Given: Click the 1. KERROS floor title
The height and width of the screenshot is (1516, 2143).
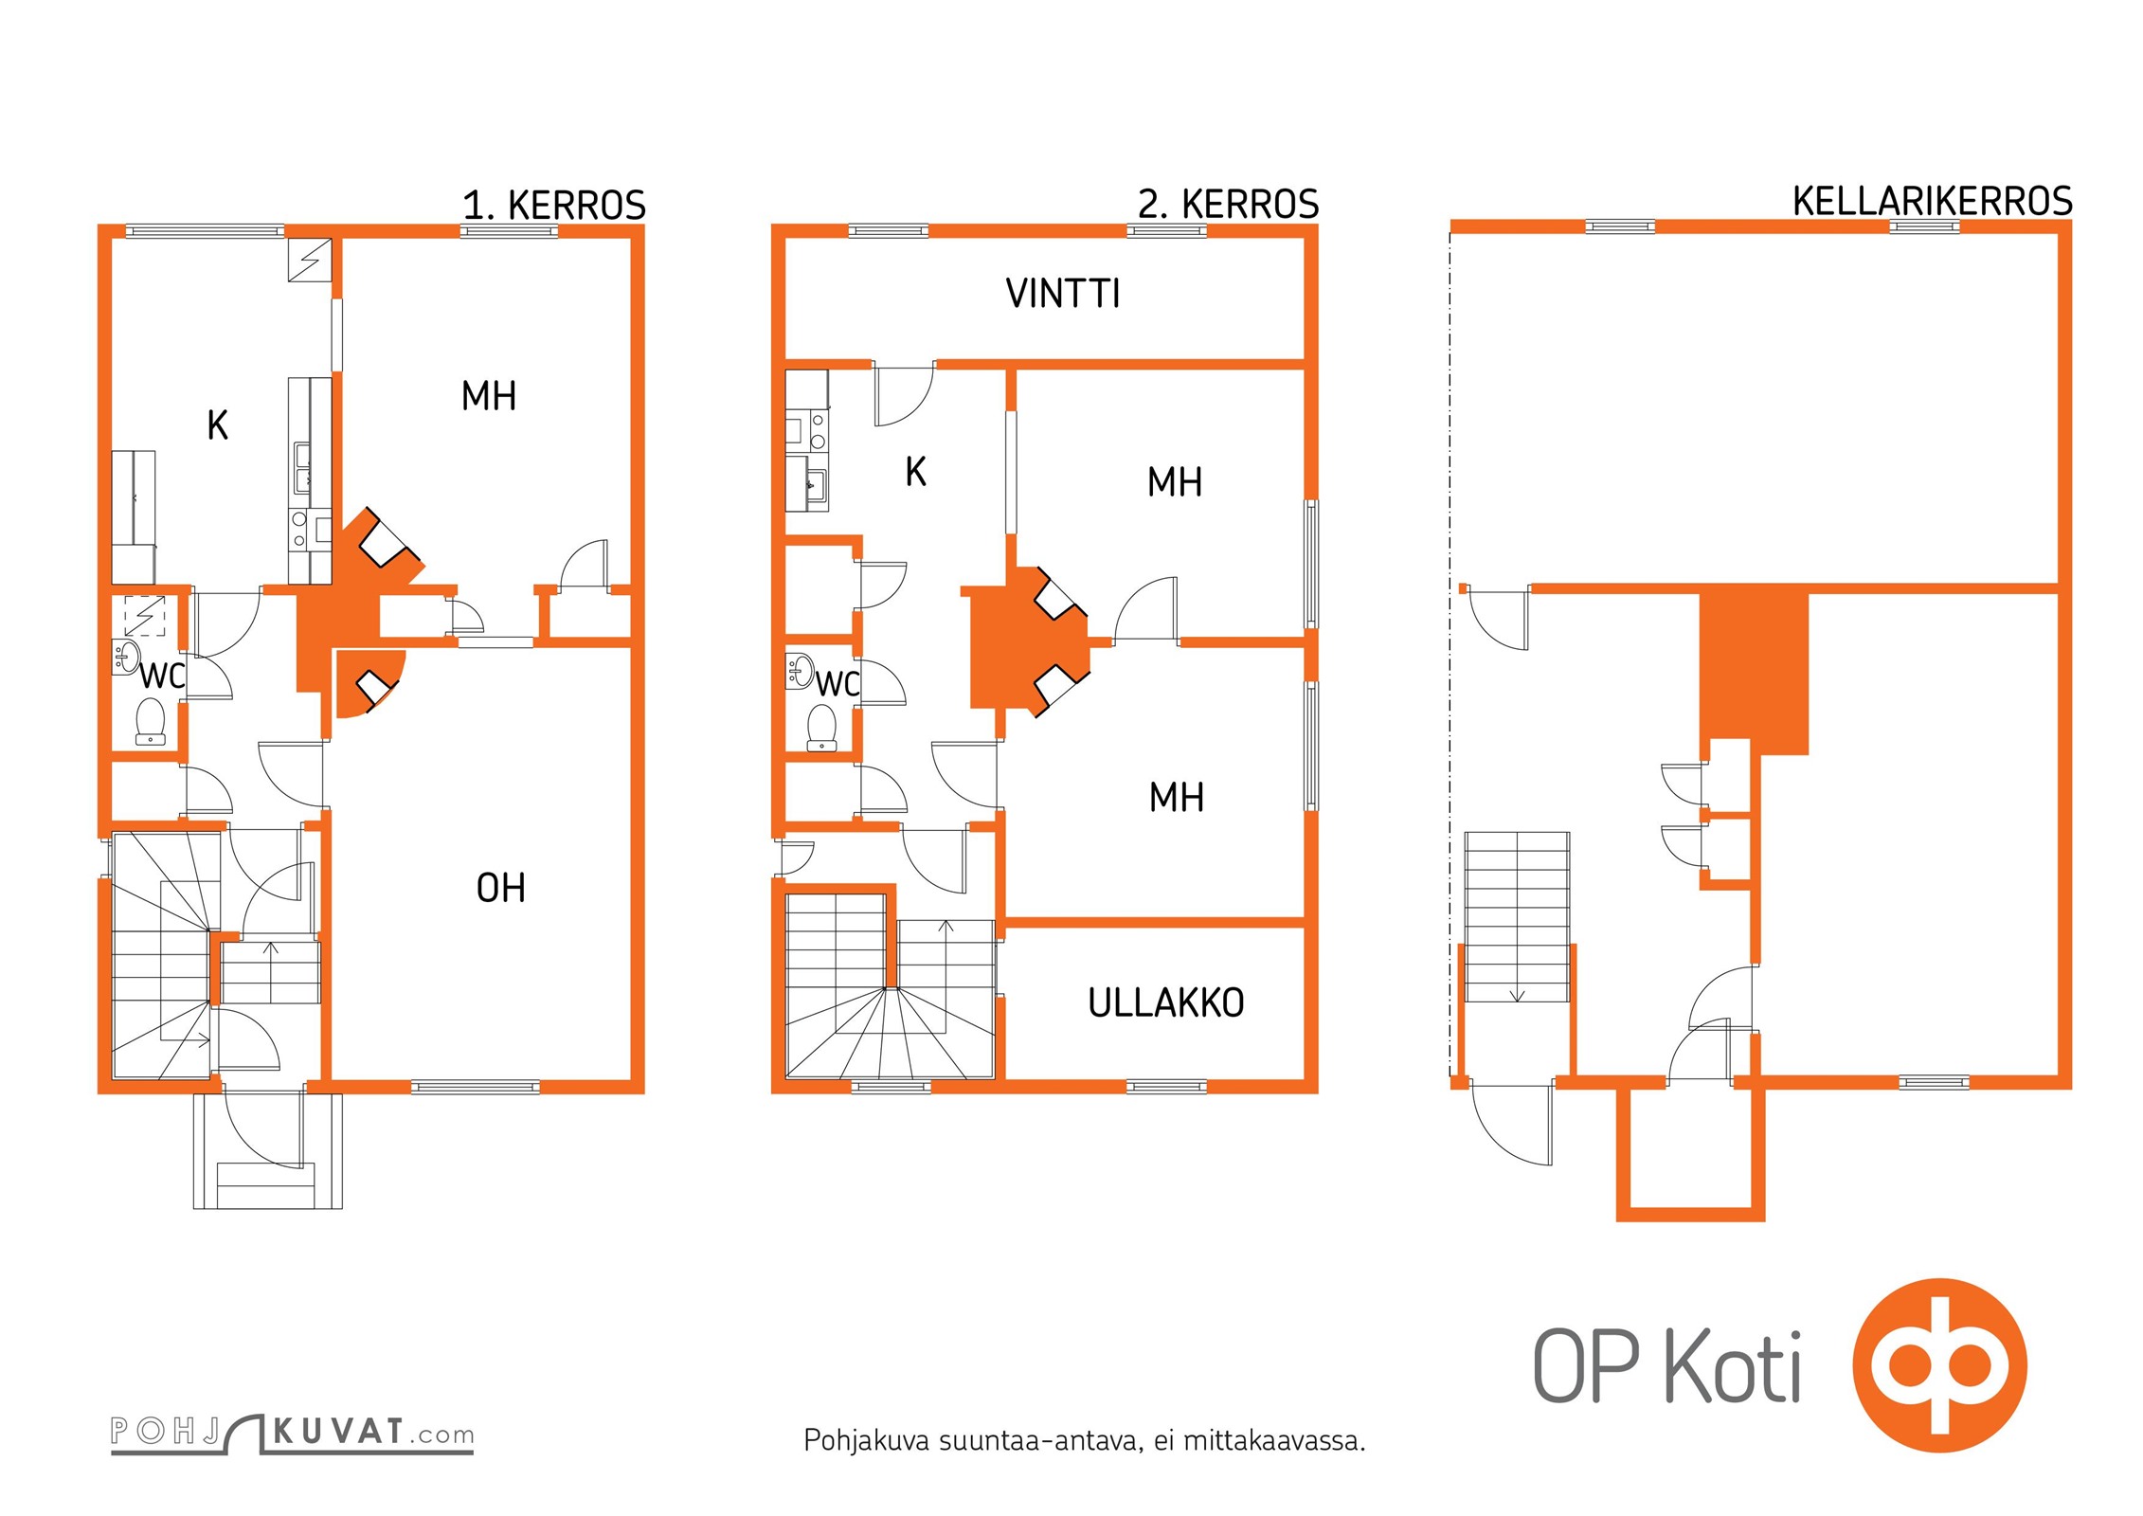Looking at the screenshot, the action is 554,206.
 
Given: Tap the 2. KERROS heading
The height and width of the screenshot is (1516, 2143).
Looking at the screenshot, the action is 1229,205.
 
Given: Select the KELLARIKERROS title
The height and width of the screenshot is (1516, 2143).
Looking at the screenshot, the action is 1933,202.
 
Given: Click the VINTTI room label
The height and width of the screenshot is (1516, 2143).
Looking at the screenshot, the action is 1063,294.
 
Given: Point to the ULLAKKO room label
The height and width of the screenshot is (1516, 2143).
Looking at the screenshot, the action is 1166,1002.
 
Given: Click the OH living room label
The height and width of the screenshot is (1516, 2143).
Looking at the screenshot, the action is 500,888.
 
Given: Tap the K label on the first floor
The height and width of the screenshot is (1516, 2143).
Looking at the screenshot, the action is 218,425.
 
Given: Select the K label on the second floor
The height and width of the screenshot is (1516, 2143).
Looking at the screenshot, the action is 915,472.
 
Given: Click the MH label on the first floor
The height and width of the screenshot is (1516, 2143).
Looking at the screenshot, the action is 489,396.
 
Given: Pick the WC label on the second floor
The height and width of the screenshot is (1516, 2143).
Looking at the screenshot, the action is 837,684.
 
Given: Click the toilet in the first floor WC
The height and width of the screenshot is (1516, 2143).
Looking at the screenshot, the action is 151,721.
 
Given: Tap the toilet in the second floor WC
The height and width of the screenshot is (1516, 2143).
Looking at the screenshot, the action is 821,728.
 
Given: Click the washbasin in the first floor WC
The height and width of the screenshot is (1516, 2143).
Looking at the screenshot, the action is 126,656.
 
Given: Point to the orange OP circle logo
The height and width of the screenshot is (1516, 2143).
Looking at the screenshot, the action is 1940,1365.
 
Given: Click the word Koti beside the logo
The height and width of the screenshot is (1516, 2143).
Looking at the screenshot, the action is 1733,1365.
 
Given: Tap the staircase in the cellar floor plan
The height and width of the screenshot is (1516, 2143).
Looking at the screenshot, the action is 1517,917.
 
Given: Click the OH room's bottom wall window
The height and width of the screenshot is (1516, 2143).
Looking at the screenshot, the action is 476,1087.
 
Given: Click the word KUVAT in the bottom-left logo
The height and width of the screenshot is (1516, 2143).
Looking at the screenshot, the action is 339,1431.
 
